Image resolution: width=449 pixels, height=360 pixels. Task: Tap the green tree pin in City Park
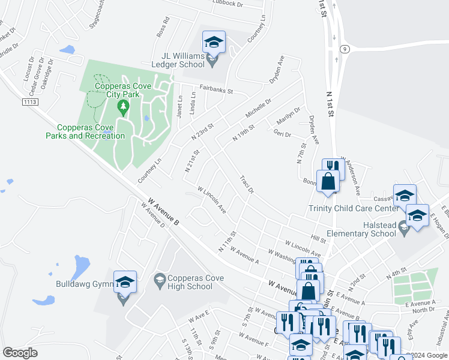pos(124,108)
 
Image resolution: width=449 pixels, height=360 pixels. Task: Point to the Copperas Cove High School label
pos(182,282)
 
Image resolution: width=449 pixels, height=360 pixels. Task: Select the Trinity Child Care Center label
pos(352,208)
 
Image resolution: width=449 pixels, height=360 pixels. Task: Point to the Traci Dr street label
pos(247,185)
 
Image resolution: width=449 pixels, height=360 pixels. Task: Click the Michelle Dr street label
pos(259,109)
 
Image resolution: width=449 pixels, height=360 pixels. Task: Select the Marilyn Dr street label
pos(288,113)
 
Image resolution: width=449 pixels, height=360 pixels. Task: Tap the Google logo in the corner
pos(20,353)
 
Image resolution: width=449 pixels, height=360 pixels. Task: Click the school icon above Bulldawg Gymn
pos(125,282)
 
